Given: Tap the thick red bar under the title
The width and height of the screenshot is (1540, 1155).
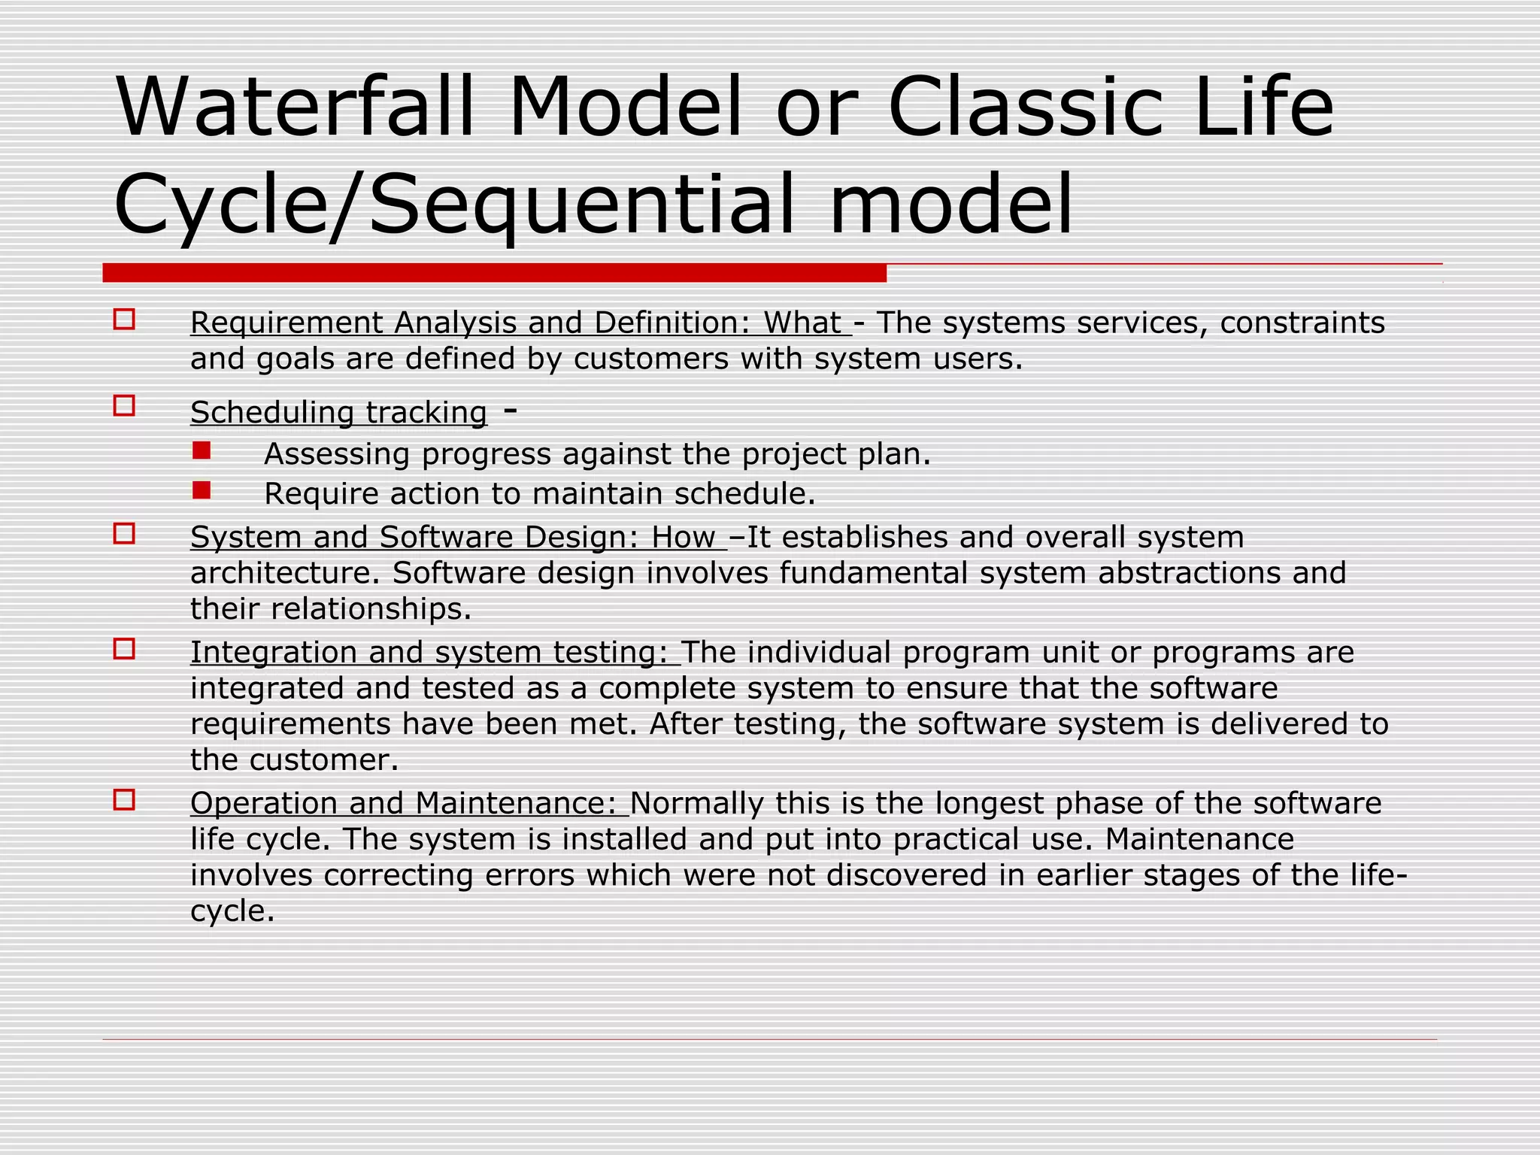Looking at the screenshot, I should point(494,273).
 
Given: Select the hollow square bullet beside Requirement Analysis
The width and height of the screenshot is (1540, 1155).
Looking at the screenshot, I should point(124,320).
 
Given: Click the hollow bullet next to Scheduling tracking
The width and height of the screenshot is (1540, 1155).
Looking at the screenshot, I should point(124,406).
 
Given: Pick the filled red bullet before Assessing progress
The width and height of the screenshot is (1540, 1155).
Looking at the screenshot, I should point(201,450).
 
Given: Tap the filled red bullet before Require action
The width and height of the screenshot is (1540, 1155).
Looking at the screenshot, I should point(201,490).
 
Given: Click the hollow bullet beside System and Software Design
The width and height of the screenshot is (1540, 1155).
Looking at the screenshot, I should point(124,534).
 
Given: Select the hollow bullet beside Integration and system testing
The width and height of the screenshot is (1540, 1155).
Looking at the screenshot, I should point(124,649).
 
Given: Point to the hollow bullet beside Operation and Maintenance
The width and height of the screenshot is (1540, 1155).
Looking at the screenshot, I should point(124,800).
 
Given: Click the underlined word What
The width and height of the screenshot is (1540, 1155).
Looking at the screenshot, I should point(802,323).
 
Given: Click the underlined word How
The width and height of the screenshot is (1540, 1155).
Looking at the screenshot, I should point(683,537).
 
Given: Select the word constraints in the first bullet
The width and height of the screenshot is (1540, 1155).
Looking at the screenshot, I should point(1302,323).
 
